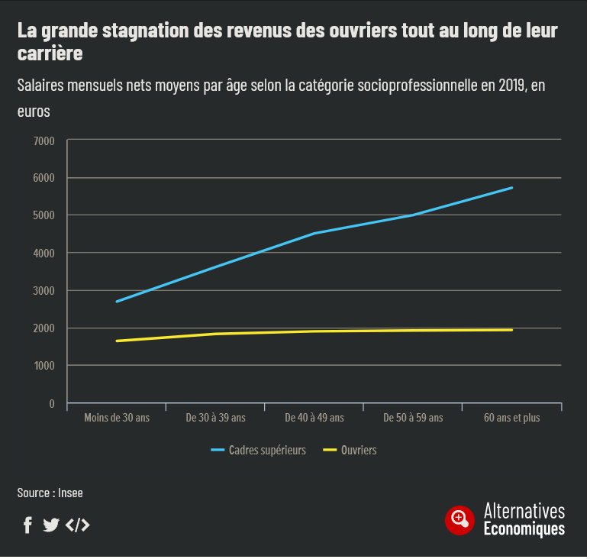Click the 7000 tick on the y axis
(x=44, y=141)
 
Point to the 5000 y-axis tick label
(x=44, y=216)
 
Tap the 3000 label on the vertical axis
(x=44, y=291)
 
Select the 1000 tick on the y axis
(x=44, y=366)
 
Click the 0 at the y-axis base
(x=52, y=403)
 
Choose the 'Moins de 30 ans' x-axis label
(x=117, y=418)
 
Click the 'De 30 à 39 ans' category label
(x=215, y=418)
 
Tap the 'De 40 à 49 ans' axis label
(x=314, y=418)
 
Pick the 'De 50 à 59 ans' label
(x=413, y=418)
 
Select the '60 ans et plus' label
(x=511, y=418)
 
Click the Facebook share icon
(x=27, y=525)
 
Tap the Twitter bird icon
(x=51, y=525)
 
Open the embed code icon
(x=77, y=525)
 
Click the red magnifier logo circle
(x=459, y=519)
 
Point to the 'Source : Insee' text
(x=50, y=493)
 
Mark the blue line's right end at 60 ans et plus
(x=511, y=187)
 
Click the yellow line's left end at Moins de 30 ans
(x=117, y=341)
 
